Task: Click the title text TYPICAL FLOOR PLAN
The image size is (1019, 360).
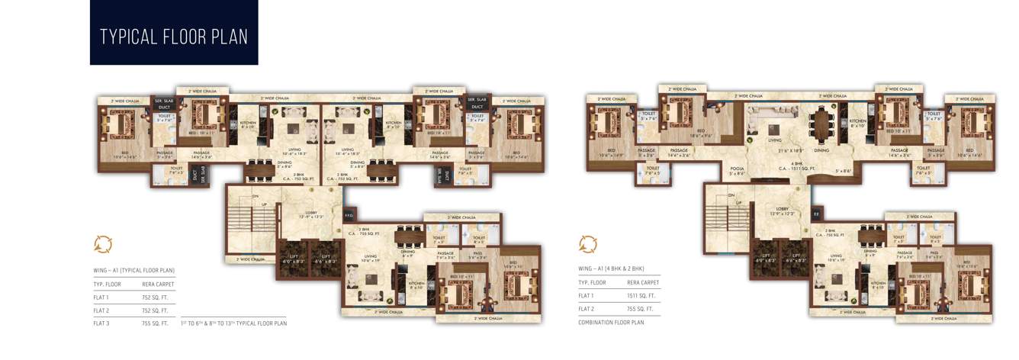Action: tap(174, 37)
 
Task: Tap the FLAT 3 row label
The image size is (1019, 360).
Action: tap(103, 323)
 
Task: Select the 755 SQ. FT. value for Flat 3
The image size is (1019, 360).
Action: tap(159, 323)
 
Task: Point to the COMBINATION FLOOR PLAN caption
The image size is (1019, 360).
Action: tap(612, 323)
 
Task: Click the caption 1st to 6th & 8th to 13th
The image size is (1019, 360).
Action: tap(233, 323)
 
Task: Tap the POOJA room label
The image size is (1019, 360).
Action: tap(736, 169)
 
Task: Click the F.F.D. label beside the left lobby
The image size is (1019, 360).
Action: tap(349, 216)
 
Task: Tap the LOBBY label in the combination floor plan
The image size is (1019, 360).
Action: tap(783, 208)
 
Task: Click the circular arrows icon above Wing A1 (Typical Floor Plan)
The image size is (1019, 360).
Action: tap(103, 244)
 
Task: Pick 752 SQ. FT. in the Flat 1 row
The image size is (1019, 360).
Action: tap(159, 297)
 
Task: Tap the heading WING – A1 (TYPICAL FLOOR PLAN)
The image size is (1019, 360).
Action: tap(134, 270)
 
